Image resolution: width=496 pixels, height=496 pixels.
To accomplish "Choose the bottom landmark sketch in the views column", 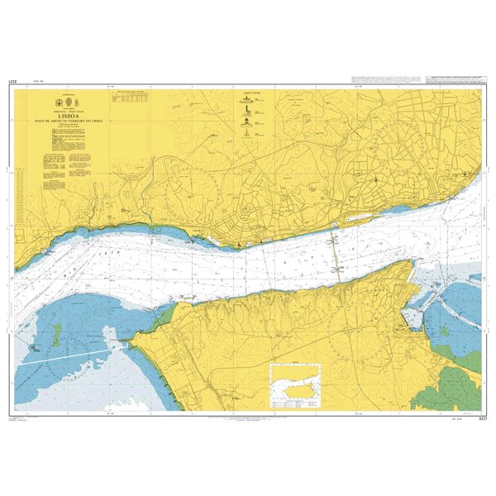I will coord(246,141).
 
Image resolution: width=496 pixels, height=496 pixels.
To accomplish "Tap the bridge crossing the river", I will coord(336,252).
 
